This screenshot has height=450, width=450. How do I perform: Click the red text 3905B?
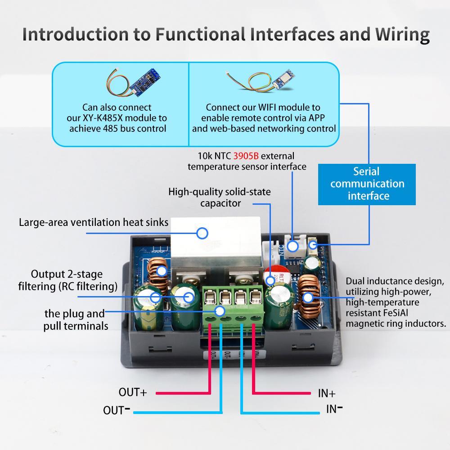[246, 156]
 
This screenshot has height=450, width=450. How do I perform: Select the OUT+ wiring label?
[133, 392]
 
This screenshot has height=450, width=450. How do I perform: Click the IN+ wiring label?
[327, 393]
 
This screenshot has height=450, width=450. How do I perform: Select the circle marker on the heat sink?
[202, 233]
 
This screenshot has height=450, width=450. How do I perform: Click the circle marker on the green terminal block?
[220, 310]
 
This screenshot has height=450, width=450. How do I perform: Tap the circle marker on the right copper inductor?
[308, 297]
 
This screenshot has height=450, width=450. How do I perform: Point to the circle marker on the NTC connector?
[292, 246]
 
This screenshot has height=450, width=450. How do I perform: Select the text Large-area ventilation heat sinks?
[94, 222]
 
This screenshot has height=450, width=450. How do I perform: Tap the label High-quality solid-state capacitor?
[220, 198]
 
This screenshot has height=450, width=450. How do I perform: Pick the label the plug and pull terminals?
[75, 319]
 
